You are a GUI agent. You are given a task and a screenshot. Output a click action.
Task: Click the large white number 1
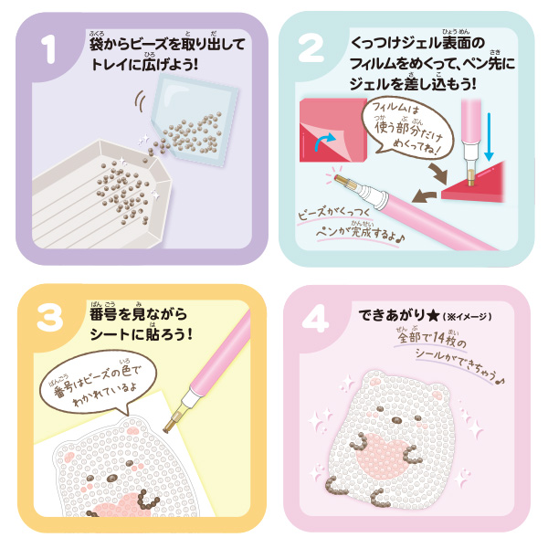[49, 50]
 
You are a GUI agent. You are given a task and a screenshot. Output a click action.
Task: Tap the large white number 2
[311, 49]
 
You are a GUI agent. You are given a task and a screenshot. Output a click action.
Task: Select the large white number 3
[50, 318]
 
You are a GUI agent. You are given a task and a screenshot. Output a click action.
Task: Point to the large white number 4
[315, 319]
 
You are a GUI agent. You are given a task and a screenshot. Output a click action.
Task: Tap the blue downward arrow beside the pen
[489, 136]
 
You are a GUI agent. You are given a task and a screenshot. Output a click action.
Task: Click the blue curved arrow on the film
[324, 142]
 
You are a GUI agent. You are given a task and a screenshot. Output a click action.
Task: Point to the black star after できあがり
[433, 316]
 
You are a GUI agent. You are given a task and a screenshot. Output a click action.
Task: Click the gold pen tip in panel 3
[172, 423]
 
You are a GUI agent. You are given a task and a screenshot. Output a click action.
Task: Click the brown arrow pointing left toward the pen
[425, 196]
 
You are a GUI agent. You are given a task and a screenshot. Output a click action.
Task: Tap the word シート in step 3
[110, 335]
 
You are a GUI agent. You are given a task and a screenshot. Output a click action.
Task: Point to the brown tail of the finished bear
[333, 486]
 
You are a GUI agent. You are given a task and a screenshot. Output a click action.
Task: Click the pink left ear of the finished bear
[376, 381]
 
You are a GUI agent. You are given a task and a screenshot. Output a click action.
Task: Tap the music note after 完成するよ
[401, 238]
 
